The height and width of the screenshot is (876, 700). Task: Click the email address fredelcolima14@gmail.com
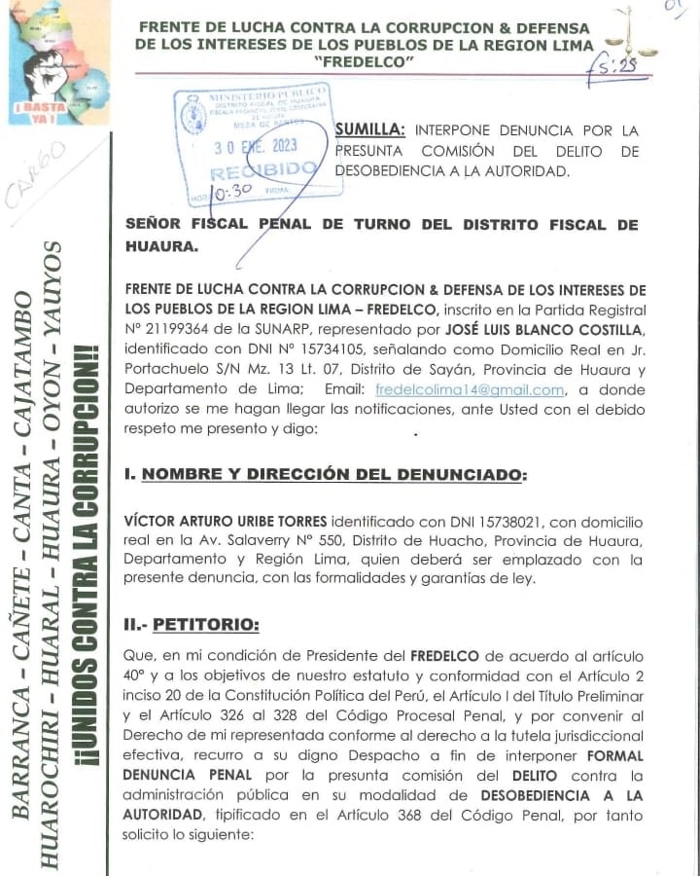[471, 389]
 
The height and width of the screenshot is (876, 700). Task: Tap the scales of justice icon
[637, 33]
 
